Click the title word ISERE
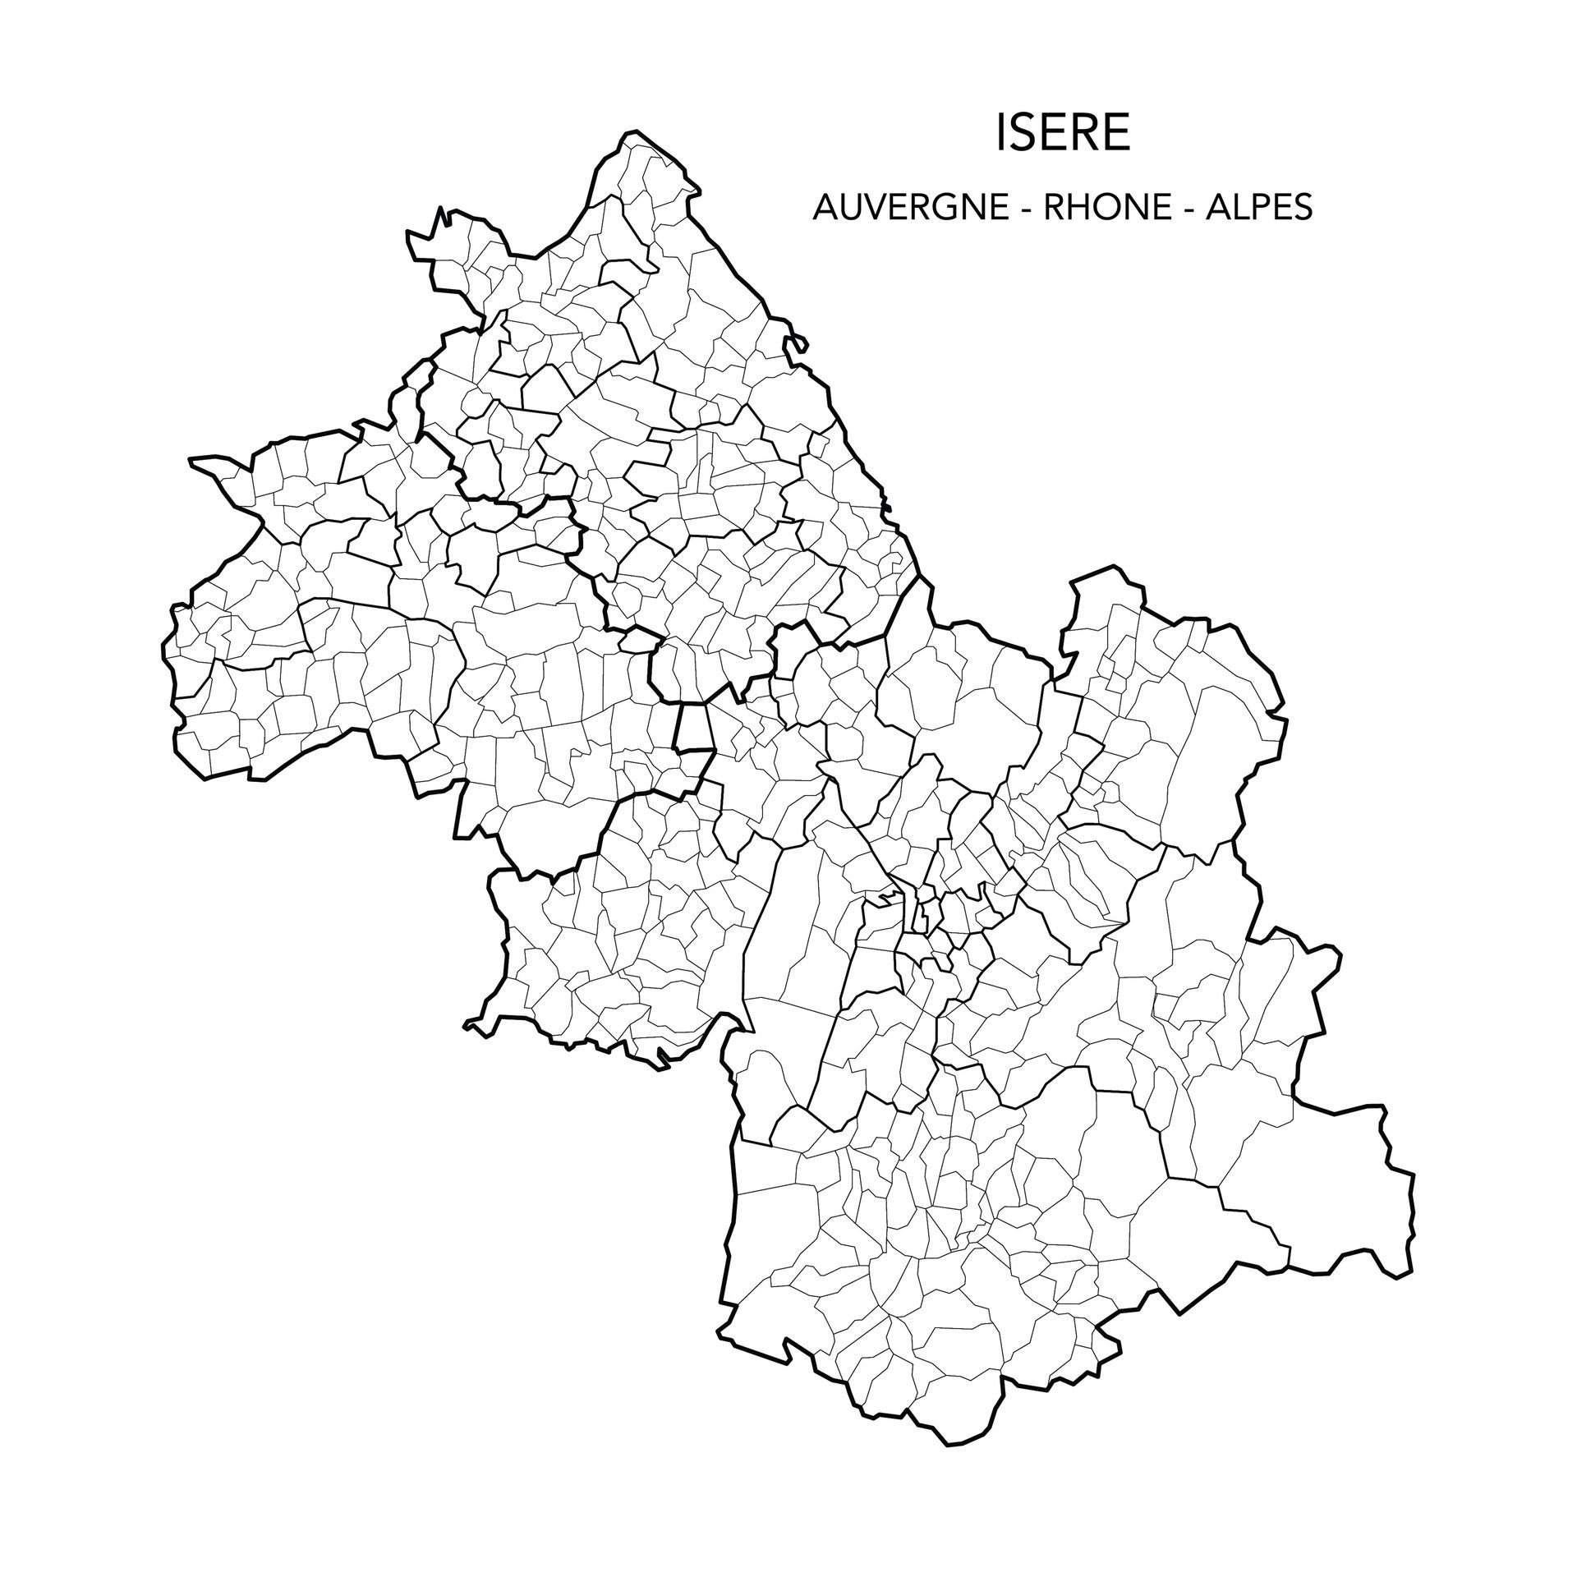pyautogui.click(x=1062, y=134)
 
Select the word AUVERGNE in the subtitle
pyautogui.click(x=911, y=208)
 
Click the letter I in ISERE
pyautogui.click(x=1000, y=134)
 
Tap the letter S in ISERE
pyautogui.click(x=1023, y=134)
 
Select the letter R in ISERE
pyautogui.click(x=1083, y=134)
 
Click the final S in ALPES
pyautogui.click(x=1303, y=208)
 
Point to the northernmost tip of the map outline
pyautogui.click(x=631, y=131)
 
